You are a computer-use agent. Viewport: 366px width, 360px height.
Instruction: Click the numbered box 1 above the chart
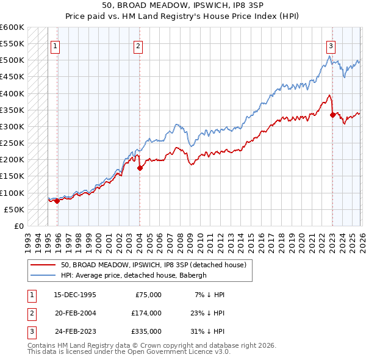(x=56, y=46)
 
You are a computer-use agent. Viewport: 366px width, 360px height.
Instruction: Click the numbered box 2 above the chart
(x=138, y=46)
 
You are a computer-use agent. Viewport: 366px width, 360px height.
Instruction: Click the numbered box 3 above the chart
(x=331, y=46)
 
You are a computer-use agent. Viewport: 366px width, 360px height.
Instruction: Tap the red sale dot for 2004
(x=140, y=168)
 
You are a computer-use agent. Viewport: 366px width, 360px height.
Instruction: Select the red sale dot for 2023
(x=332, y=115)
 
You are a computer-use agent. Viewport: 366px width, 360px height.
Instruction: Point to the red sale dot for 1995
(x=57, y=201)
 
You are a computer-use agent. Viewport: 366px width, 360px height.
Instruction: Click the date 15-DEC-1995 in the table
(x=74, y=294)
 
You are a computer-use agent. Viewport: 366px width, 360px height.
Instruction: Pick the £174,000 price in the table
(x=146, y=313)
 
